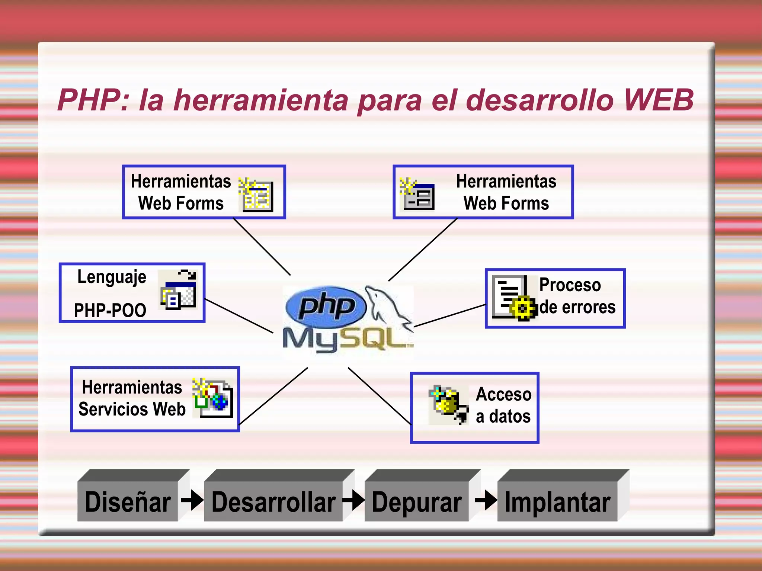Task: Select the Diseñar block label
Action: (128, 502)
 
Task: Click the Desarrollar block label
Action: (273, 502)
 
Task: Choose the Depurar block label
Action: (417, 502)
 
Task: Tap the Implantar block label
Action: (557, 502)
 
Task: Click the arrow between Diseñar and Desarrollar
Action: (192, 500)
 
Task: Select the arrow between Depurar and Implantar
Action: (486, 500)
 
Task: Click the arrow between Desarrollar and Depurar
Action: (353, 500)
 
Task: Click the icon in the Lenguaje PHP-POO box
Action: (178, 290)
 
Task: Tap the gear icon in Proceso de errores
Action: (523, 308)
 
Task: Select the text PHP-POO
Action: (110, 310)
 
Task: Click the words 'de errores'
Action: (577, 307)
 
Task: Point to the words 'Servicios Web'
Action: (132, 409)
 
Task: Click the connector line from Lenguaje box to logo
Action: (238, 315)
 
